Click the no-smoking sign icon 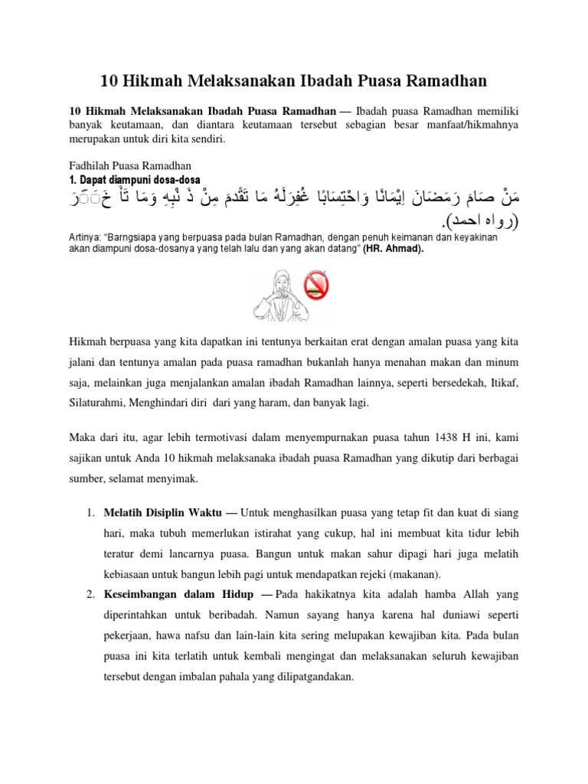coord(317,286)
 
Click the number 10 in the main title coord(109,80)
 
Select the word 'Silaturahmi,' coord(100,402)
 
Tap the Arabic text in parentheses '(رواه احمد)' coord(475,221)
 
